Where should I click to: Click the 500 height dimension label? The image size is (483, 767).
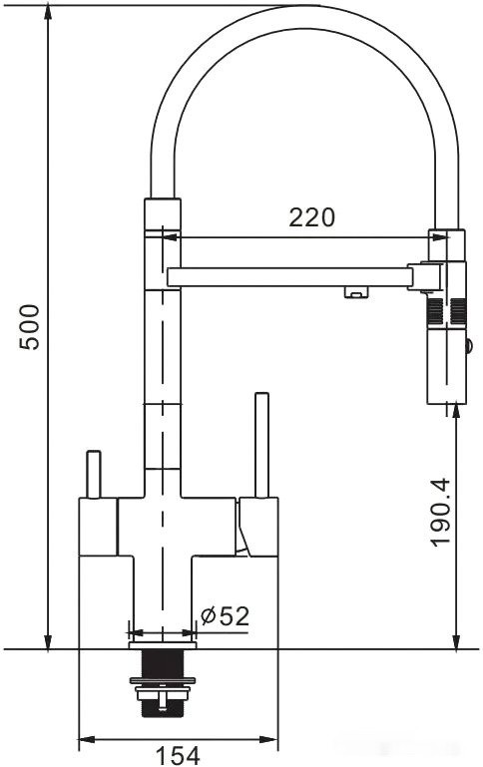pyautogui.click(x=30, y=326)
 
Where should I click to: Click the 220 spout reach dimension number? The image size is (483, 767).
pyautogui.click(x=311, y=216)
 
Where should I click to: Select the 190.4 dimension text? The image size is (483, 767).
pyautogui.click(x=441, y=511)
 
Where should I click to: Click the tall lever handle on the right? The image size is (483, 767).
pyautogui.click(x=262, y=444)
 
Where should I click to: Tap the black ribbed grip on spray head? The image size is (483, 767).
pyautogui.click(x=446, y=312)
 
